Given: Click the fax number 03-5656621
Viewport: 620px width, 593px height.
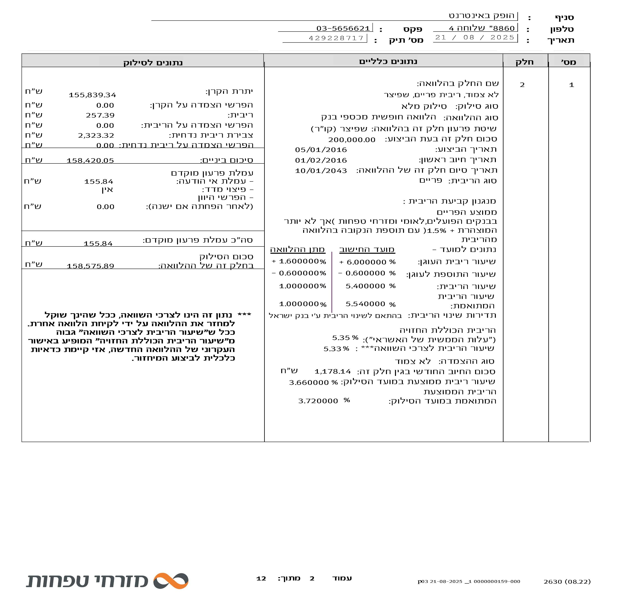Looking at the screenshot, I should tap(343, 28).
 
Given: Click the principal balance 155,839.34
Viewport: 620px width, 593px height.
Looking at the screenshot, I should tap(92, 95).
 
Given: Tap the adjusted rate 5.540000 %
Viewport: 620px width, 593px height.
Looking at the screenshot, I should tap(370, 304).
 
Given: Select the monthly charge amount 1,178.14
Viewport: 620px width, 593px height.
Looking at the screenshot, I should tap(332, 371).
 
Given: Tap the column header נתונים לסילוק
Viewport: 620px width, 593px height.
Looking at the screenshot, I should tap(153, 62).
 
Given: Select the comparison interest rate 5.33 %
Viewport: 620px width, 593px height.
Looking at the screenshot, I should tap(336, 349).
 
